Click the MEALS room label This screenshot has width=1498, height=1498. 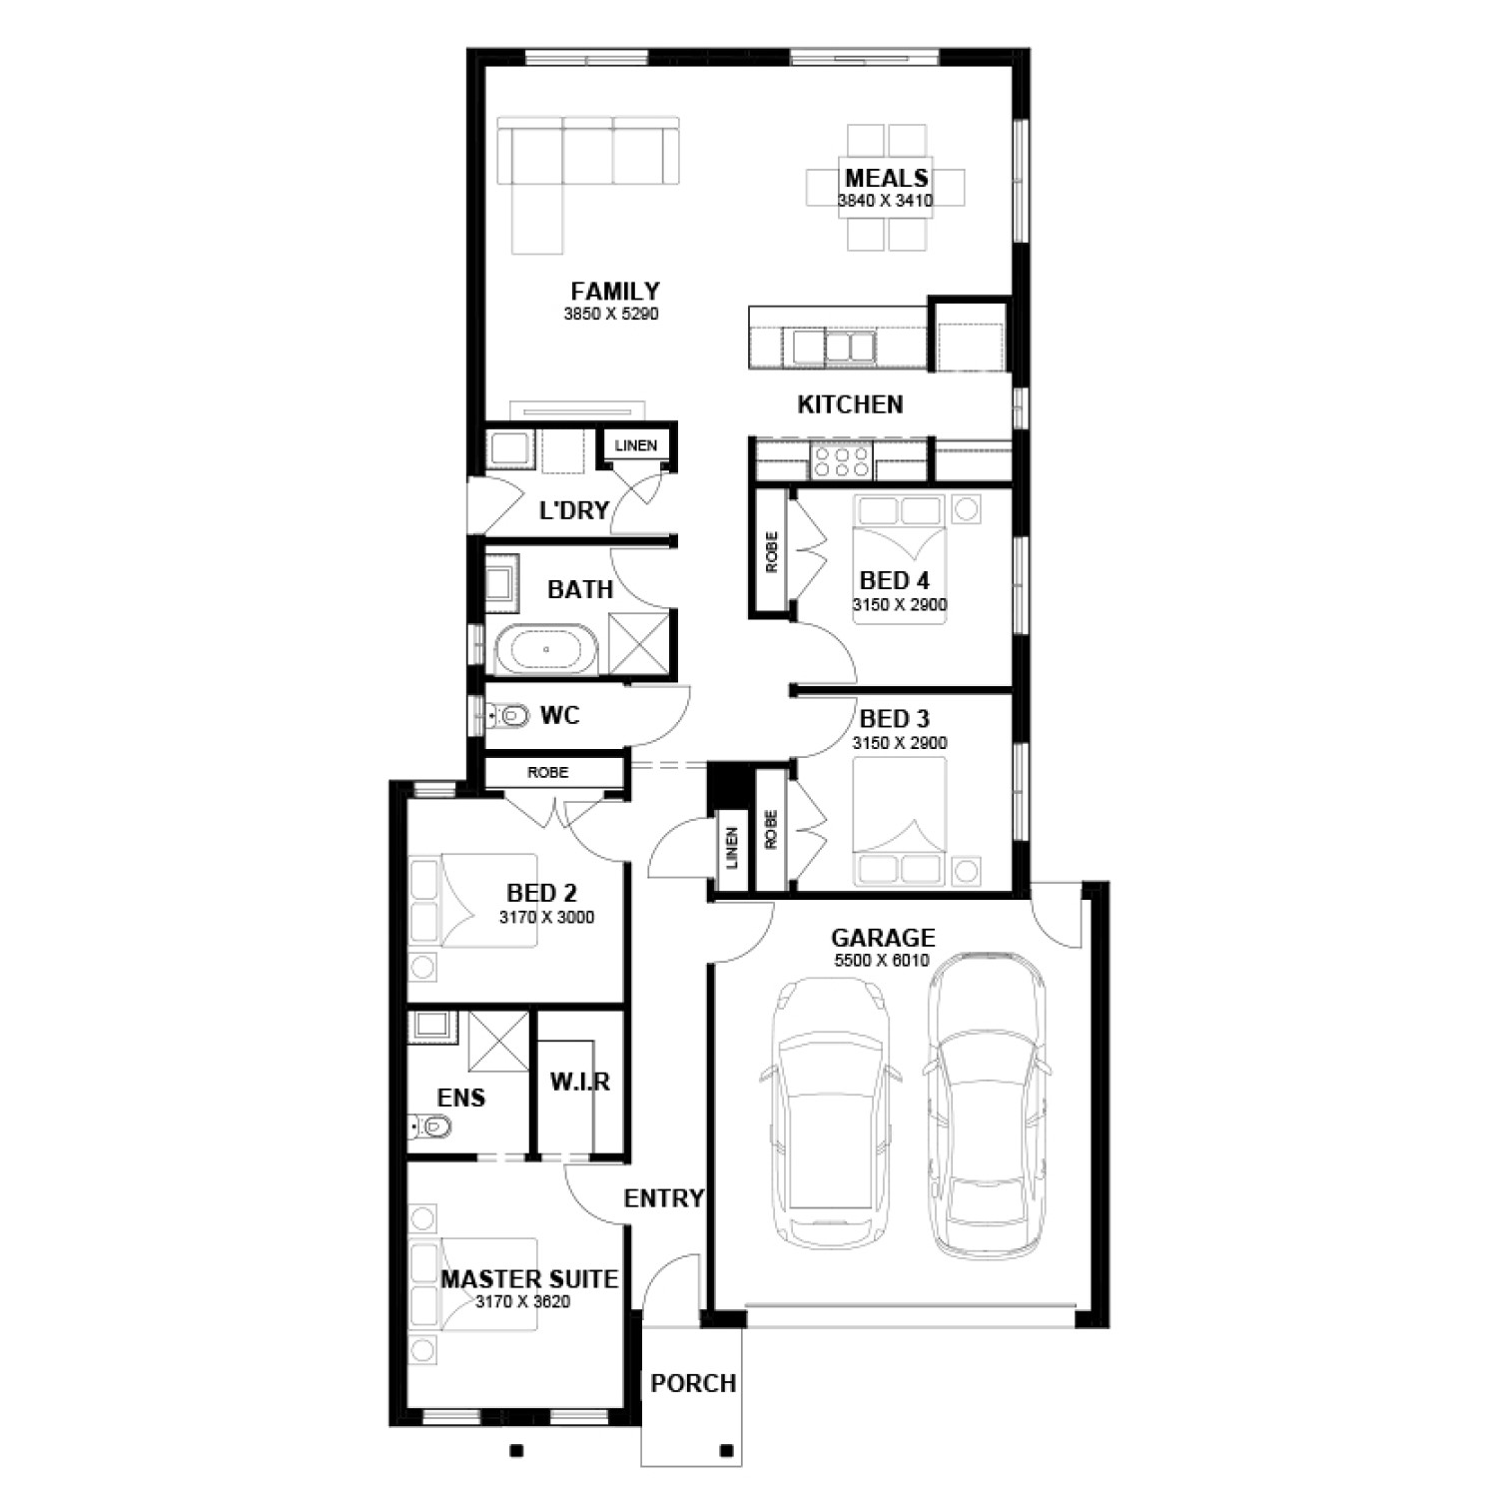(887, 179)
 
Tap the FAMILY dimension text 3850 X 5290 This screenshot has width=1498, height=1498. (611, 314)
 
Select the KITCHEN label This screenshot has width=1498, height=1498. (850, 404)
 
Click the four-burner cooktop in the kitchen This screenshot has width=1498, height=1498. (841, 462)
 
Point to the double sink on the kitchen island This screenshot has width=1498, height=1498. (834, 348)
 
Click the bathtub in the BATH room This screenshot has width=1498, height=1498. (546, 649)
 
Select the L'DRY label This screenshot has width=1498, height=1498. (574, 511)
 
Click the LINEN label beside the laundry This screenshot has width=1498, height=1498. (636, 445)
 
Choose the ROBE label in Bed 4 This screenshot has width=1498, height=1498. (772, 551)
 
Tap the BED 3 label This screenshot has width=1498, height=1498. (895, 719)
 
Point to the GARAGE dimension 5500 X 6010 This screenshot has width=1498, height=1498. (882, 961)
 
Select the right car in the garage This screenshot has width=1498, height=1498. (987, 1105)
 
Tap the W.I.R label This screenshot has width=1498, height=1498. (579, 1082)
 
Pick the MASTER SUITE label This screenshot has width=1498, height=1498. (529, 1279)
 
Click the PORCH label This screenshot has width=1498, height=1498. (693, 1384)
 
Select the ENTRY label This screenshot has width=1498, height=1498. (664, 1198)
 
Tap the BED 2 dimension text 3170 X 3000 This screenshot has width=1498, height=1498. (546, 917)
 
